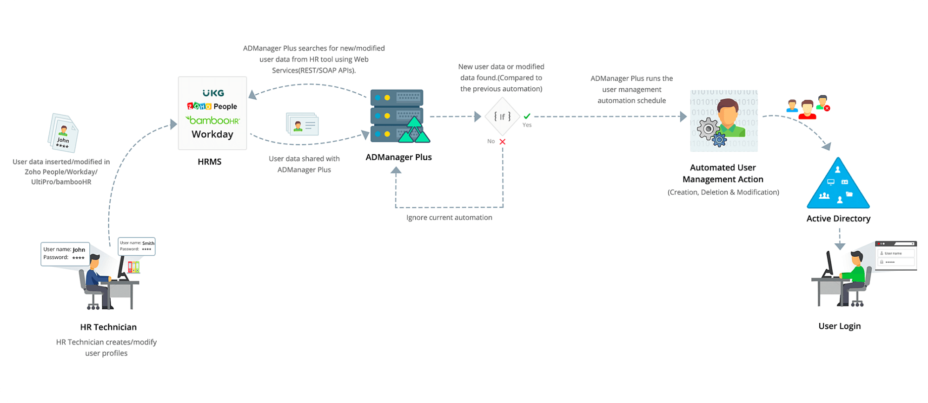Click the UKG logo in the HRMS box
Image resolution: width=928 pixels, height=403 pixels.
point(213,93)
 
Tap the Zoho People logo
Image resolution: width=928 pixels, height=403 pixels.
point(212,106)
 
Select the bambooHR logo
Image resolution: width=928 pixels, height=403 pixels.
point(212,120)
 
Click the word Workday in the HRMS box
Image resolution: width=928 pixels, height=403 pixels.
point(212,134)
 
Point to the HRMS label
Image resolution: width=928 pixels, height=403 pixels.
point(209,162)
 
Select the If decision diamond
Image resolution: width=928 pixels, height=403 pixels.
point(502,117)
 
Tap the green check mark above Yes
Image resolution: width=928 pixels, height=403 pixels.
point(527,116)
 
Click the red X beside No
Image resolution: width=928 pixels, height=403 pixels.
point(503,142)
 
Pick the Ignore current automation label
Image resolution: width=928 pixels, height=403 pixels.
point(449,217)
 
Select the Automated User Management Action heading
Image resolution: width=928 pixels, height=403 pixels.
point(723,173)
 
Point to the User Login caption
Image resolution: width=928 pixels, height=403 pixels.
point(839,326)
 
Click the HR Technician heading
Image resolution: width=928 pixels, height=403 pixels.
point(108,327)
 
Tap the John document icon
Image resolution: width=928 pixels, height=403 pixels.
point(63,133)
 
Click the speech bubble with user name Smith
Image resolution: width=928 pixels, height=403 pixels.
point(137,246)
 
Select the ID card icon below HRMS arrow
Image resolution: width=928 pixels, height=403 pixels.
point(302,124)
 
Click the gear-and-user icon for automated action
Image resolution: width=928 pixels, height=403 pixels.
point(723,121)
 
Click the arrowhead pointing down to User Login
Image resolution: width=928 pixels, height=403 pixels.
point(840,246)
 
